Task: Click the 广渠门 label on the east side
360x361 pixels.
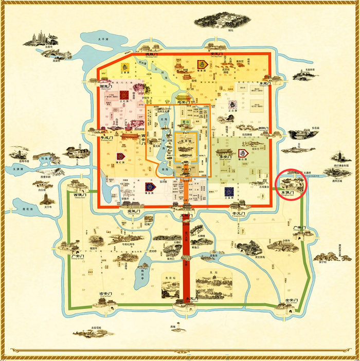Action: click(x=300, y=227)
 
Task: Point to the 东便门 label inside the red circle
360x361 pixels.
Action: click(x=287, y=193)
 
